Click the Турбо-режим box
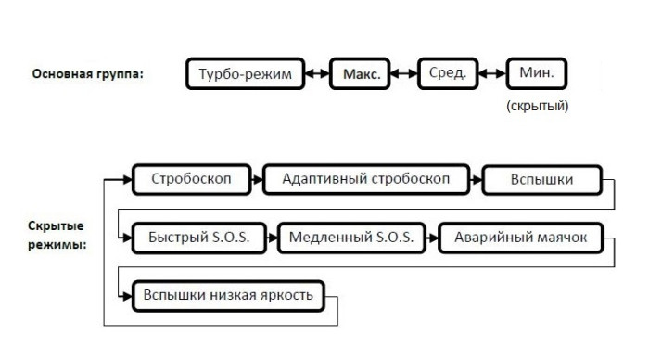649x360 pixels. pos(246,74)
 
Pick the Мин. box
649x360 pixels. pos(536,74)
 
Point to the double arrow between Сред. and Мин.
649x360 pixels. pos(490,74)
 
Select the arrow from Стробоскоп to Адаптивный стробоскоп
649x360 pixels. pos(258,179)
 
